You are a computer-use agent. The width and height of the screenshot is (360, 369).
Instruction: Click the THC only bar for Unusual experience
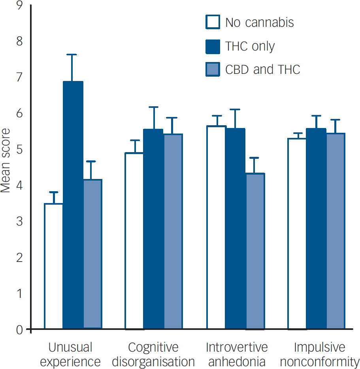pos(73,205)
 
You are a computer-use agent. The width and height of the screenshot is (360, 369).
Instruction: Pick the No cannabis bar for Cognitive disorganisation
pos(134,241)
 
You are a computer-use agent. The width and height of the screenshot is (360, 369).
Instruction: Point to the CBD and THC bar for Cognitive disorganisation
pos(173,231)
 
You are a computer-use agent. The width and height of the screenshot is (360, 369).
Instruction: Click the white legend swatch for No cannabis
pos(213,22)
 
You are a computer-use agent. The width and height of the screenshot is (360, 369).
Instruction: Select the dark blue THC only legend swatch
pos(213,46)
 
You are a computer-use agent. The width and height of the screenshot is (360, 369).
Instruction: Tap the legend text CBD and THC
pos(262,70)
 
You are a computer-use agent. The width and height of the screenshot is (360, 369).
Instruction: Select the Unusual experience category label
pos(70,354)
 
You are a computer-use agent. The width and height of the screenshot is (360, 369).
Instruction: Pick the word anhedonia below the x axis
pos(237,361)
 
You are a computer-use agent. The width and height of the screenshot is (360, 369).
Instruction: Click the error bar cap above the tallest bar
pos(72,55)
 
